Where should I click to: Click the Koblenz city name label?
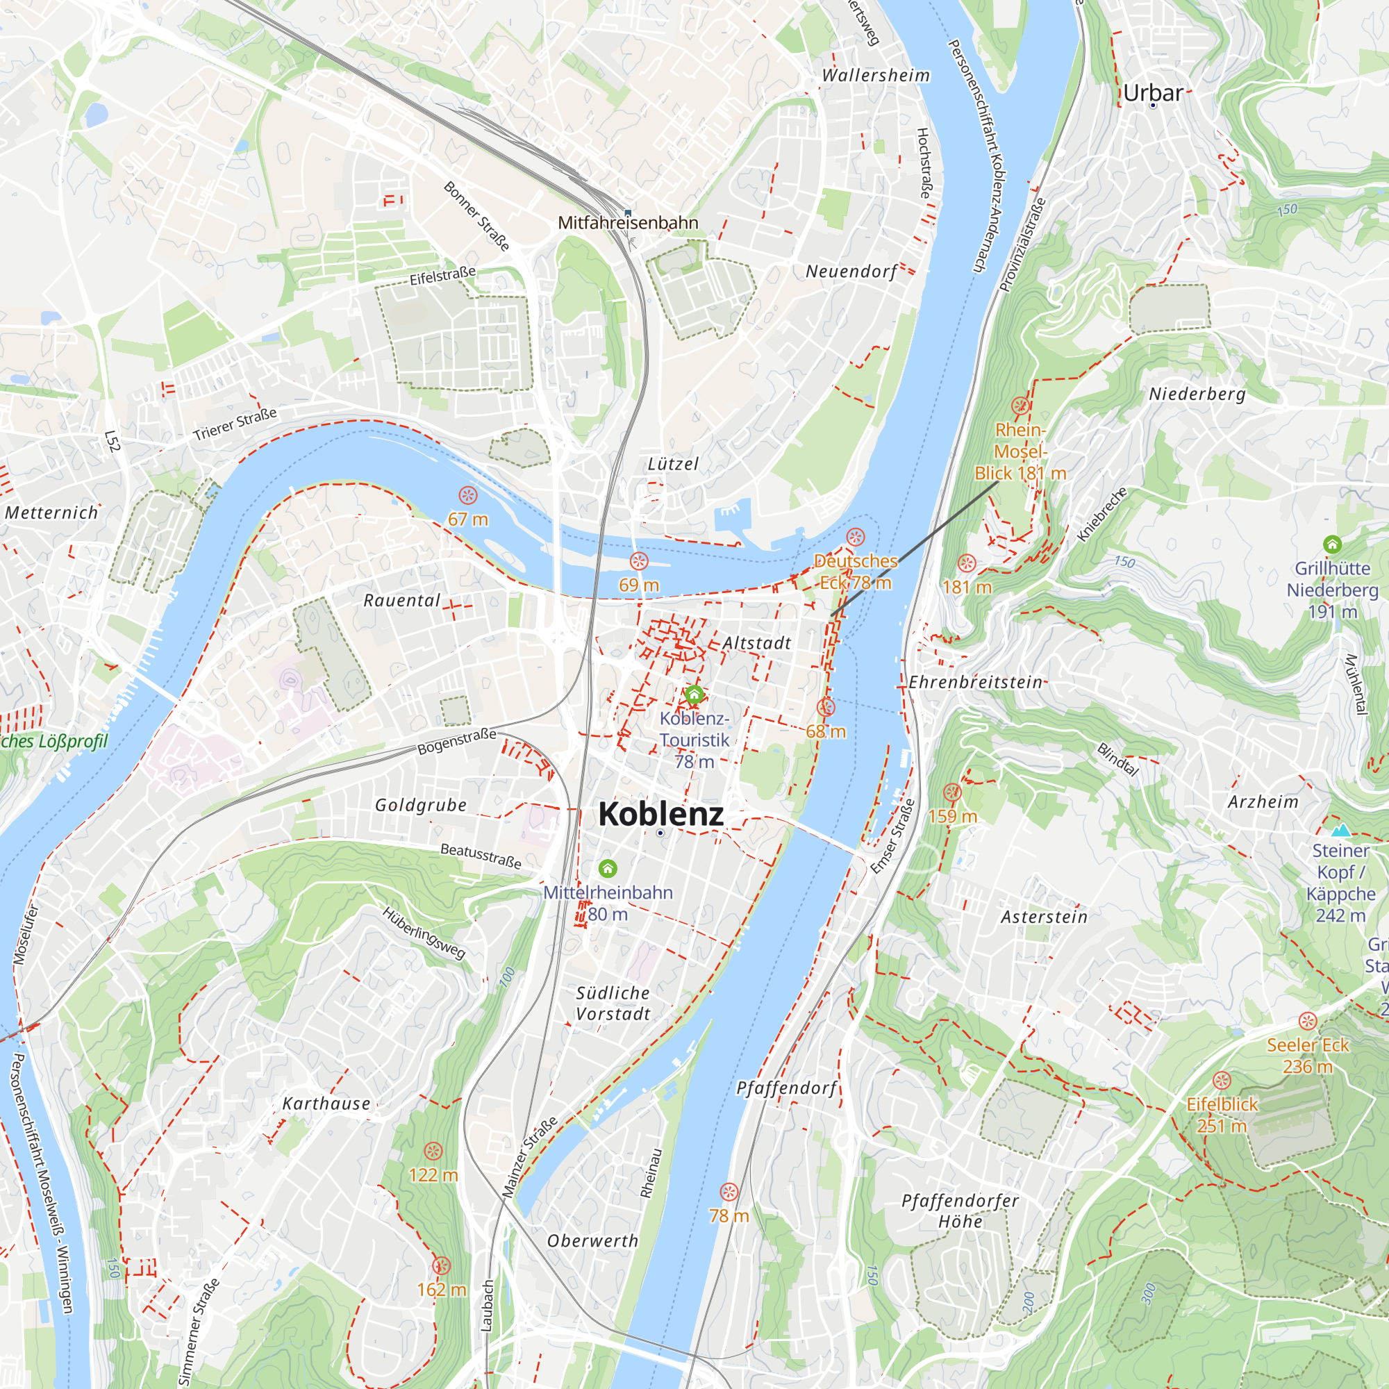(x=660, y=814)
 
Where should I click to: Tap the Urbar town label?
(x=1152, y=93)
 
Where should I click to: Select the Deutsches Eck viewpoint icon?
(x=855, y=537)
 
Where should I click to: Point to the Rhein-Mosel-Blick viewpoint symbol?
(x=1020, y=406)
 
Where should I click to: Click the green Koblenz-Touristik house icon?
(x=694, y=694)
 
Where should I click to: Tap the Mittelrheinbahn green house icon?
(x=608, y=869)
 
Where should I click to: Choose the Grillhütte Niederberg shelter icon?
(x=1332, y=544)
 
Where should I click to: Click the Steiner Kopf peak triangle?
(x=1340, y=831)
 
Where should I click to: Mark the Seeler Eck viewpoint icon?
(x=1308, y=1021)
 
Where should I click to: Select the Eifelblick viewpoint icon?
(x=1222, y=1081)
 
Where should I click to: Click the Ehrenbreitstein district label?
(x=976, y=681)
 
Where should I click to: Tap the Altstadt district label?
(x=756, y=642)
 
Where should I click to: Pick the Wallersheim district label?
(x=876, y=76)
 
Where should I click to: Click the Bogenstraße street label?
(x=457, y=741)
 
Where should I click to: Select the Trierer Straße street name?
(x=235, y=425)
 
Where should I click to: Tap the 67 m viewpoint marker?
(x=468, y=495)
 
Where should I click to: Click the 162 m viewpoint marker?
(x=442, y=1266)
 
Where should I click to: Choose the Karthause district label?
(x=326, y=1104)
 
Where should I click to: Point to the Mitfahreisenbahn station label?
(x=628, y=223)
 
